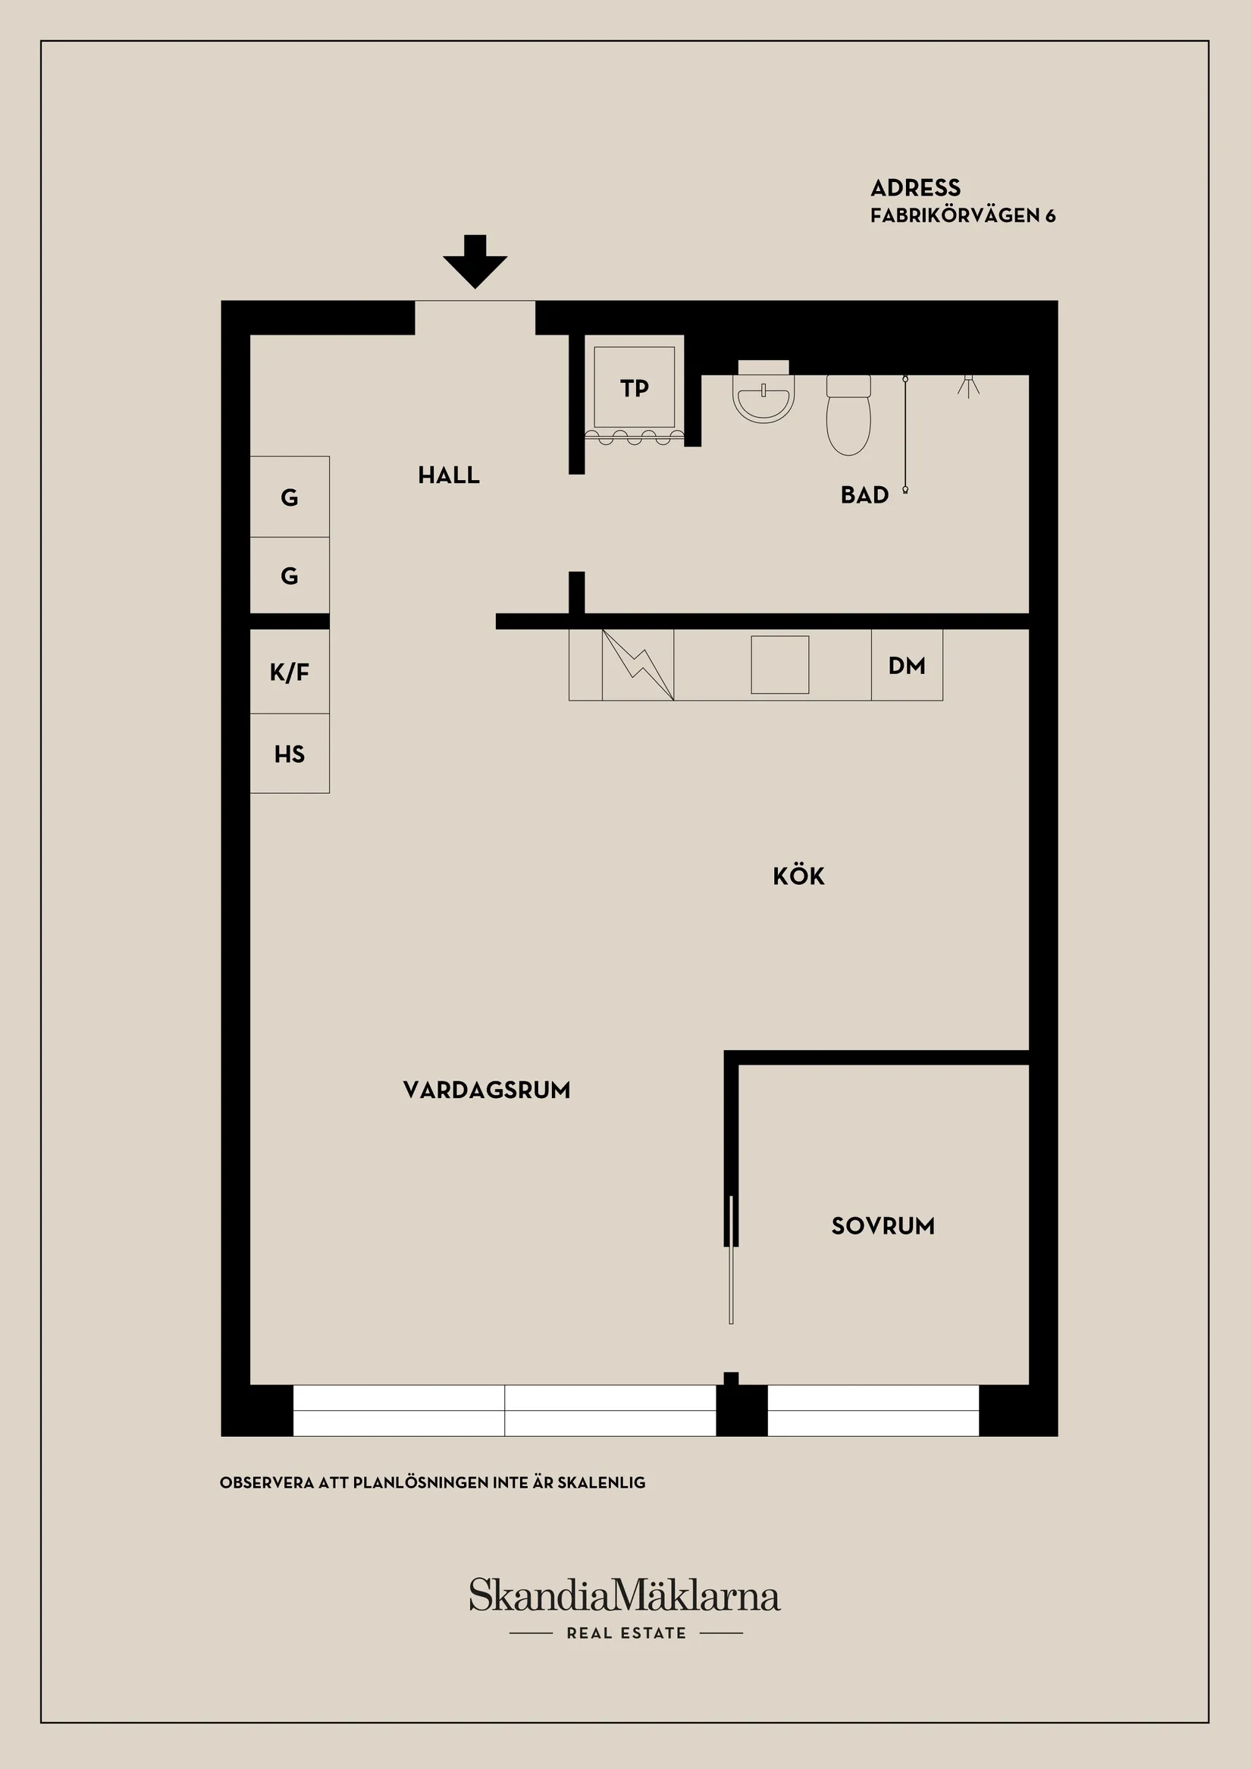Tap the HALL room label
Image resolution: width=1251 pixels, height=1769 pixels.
[448, 475]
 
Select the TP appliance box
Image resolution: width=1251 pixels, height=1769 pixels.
[634, 387]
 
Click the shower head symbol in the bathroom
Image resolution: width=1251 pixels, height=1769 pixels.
[968, 385]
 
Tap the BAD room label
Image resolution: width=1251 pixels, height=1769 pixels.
[864, 494]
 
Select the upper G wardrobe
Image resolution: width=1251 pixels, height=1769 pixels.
[290, 497]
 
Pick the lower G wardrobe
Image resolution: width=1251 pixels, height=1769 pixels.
[290, 576]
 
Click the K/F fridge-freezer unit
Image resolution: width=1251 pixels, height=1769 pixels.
[290, 672]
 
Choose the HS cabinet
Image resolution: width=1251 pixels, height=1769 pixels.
[290, 754]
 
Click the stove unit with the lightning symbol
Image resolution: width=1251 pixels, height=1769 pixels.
[637, 665]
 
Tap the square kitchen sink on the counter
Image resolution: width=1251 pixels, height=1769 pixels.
[779, 665]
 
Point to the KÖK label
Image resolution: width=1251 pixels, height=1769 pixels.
[798, 876]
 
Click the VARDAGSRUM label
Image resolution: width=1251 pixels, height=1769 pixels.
[486, 1090]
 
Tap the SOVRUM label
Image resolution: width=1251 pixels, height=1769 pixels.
[883, 1226]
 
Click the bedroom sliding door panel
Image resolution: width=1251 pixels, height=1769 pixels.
[731, 1259]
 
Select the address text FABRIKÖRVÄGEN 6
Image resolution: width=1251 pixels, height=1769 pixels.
[962, 216]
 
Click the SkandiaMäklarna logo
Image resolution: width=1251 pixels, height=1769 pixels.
[625, 1595]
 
